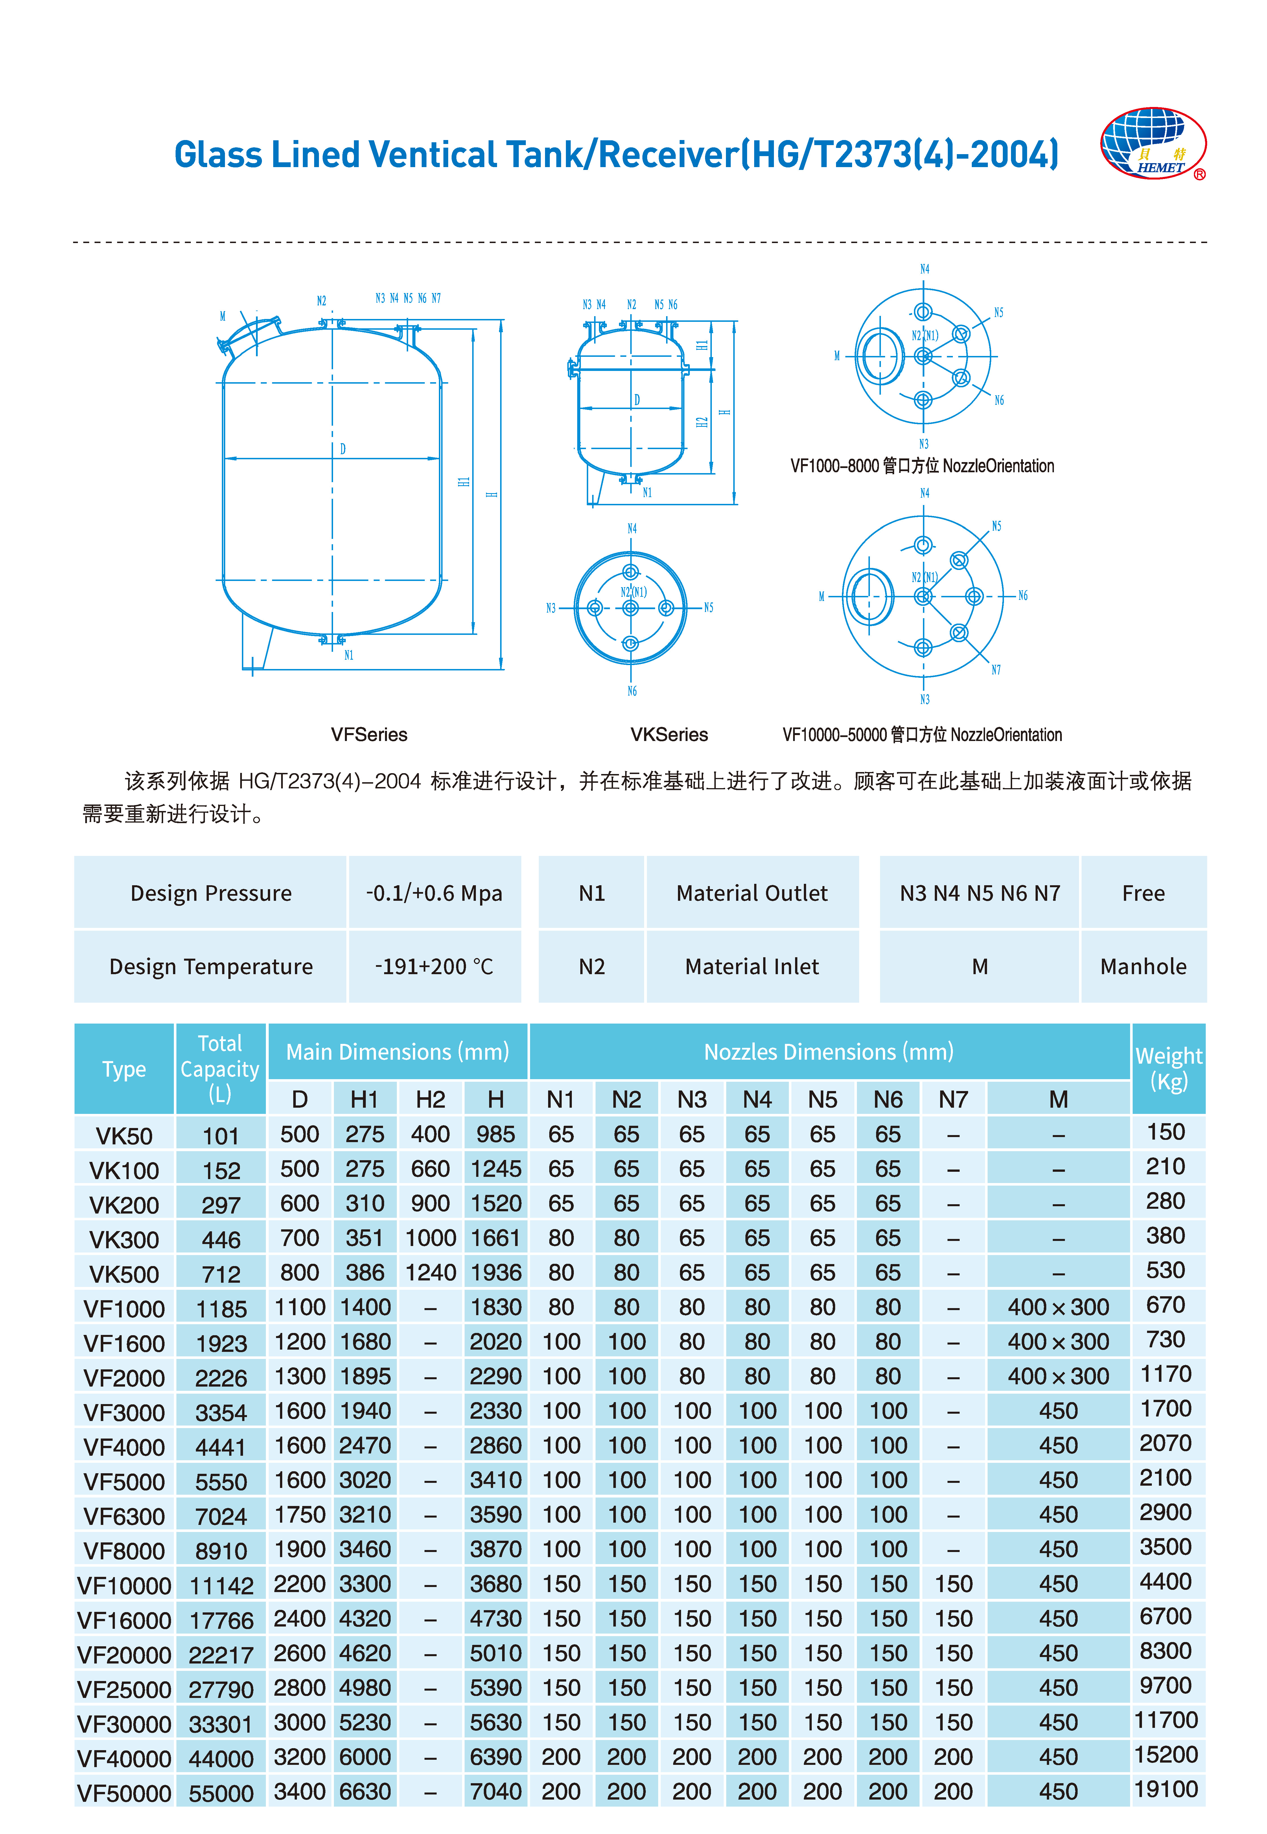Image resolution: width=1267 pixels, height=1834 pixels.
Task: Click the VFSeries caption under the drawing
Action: pos(369,735)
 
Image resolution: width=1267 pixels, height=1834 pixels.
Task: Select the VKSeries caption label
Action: pos(669,735)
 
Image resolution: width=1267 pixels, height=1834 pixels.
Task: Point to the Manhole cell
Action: pos(1143,966)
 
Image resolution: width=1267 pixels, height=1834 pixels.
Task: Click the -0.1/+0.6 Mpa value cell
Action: pos(434,893)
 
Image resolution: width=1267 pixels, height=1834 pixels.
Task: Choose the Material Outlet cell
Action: pos(752,893)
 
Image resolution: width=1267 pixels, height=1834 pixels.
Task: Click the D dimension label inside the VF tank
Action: pos(343,449)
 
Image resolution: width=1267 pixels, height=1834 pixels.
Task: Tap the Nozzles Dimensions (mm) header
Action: pos(829,1052)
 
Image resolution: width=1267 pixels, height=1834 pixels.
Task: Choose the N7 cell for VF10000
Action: pos(953,1584)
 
